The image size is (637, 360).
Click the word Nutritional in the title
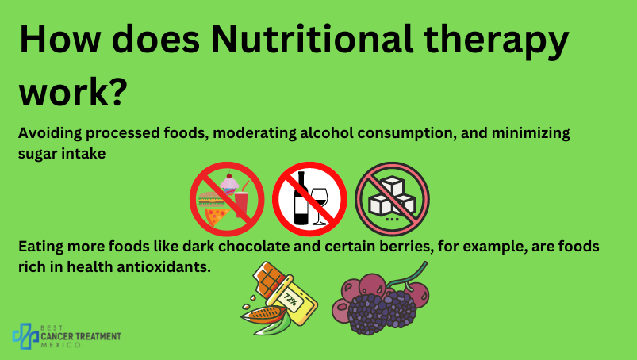coord(312,40)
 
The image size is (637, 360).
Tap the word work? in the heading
coord(73,92)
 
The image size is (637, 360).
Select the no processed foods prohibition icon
coord(227,199)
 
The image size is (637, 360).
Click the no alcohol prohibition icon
coord(309,199)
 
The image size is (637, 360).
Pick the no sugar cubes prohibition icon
coord(392,199)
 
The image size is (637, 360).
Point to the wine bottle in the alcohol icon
coord(301,198)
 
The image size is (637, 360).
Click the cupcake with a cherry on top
coord(229,183)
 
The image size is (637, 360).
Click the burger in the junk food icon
coord(211,199)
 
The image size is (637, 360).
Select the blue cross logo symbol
coord(25,335)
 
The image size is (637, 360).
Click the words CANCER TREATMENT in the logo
coord(81,336)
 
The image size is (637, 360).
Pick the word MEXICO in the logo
coord(61,345)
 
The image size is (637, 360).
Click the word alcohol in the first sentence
coord(327,133)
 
